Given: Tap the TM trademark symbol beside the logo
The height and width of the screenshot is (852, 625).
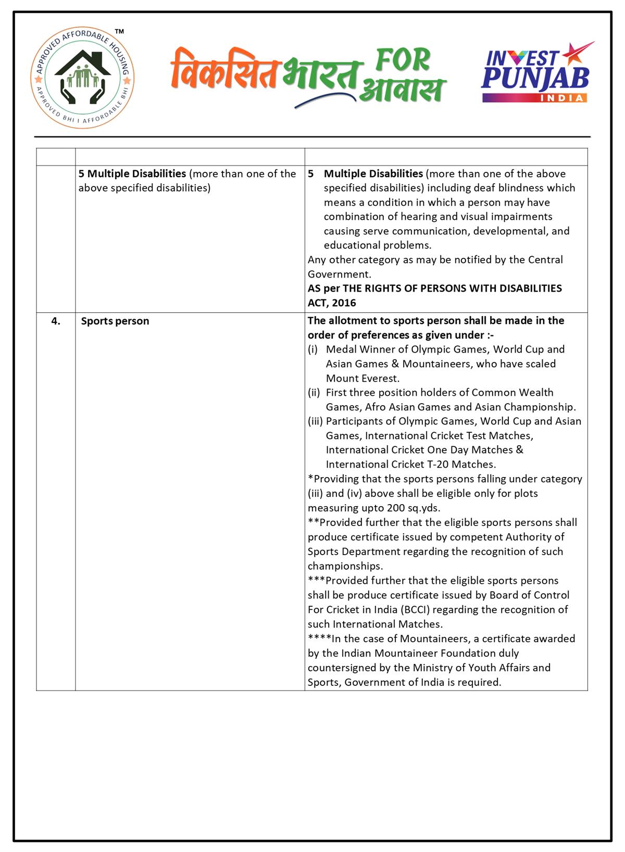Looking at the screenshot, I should pos(119,32).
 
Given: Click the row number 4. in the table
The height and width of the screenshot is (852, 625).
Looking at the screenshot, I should pos(56,321).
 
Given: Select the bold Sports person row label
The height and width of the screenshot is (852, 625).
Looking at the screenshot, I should pos(115,321).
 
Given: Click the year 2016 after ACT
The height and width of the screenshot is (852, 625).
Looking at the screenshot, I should pos(344,303).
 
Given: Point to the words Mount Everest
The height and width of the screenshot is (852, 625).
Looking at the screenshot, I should pos(362,378).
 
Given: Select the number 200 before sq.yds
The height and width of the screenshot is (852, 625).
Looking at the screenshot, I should pos(396,508).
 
